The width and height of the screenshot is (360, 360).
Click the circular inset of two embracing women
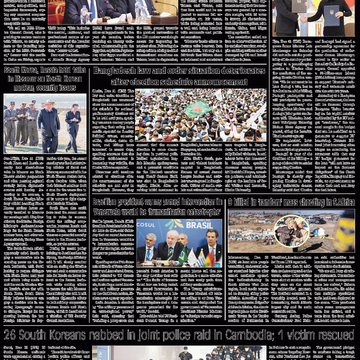[x=291, y=231]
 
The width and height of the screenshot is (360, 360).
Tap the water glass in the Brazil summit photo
[x=159, y=262]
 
